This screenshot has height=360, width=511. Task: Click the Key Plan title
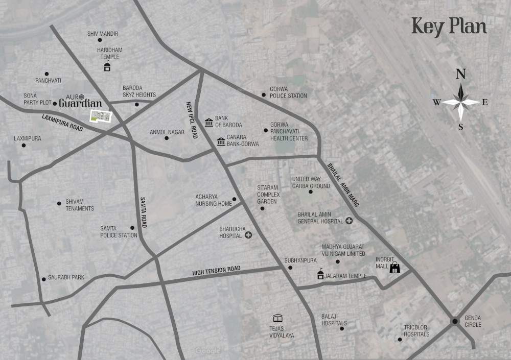point(449,27)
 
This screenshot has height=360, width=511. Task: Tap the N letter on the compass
point(460,75)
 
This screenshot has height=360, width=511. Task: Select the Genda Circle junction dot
point(454,321)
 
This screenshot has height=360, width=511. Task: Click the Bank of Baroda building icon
point(208,122)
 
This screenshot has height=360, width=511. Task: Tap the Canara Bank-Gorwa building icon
point(221,141)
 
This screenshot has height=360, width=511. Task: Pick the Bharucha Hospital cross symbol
point(248,235)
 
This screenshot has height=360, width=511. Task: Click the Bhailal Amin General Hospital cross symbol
point(349,221)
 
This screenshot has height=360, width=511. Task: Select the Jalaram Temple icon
point(320,275)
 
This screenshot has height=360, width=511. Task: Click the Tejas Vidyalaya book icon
point(277,318)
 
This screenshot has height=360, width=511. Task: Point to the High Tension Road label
point(216,271)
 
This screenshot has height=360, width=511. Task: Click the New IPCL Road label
point(192,119)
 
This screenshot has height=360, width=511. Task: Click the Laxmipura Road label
point(62,123)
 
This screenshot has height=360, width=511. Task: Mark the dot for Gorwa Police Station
point(264,94)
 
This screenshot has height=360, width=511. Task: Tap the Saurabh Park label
point(66,277)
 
